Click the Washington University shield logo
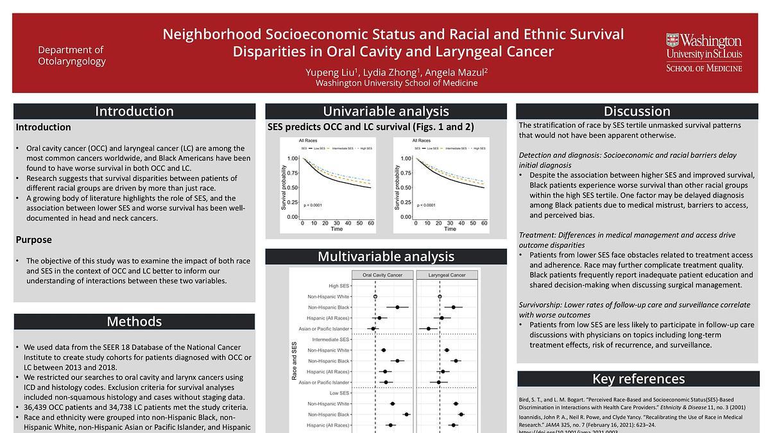(x=672, y=42)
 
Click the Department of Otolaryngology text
(x=71, y=55)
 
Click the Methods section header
(x=134, y=321)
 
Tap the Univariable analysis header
(x=386, y=111)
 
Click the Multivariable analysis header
(x=386, y=257)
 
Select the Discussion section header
(x=637, y=111)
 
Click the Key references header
(x=637, y=378)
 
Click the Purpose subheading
(x=34, y=240)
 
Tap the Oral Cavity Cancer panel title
(x=382, y=275)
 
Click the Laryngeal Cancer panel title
(x=448, y=275)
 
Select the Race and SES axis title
(x=295, y=361)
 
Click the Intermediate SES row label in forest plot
(x=330, y=339)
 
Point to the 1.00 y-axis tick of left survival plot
(x=292, y=158)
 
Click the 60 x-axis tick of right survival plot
(x=484, y=223)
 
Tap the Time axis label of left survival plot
(x=336, y=229)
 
